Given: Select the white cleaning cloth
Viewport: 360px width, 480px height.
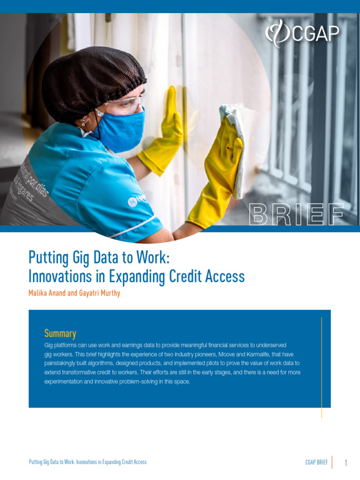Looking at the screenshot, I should [x=234, y=141].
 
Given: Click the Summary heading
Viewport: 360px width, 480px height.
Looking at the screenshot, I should [x=60, y=333].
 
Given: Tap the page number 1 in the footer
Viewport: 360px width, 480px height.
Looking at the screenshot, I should [x=345, y=463].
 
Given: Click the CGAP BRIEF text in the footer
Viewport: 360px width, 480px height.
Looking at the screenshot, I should [x=316, y=462].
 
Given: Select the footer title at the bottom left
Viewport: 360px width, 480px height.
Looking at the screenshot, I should [x=88, y=462].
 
